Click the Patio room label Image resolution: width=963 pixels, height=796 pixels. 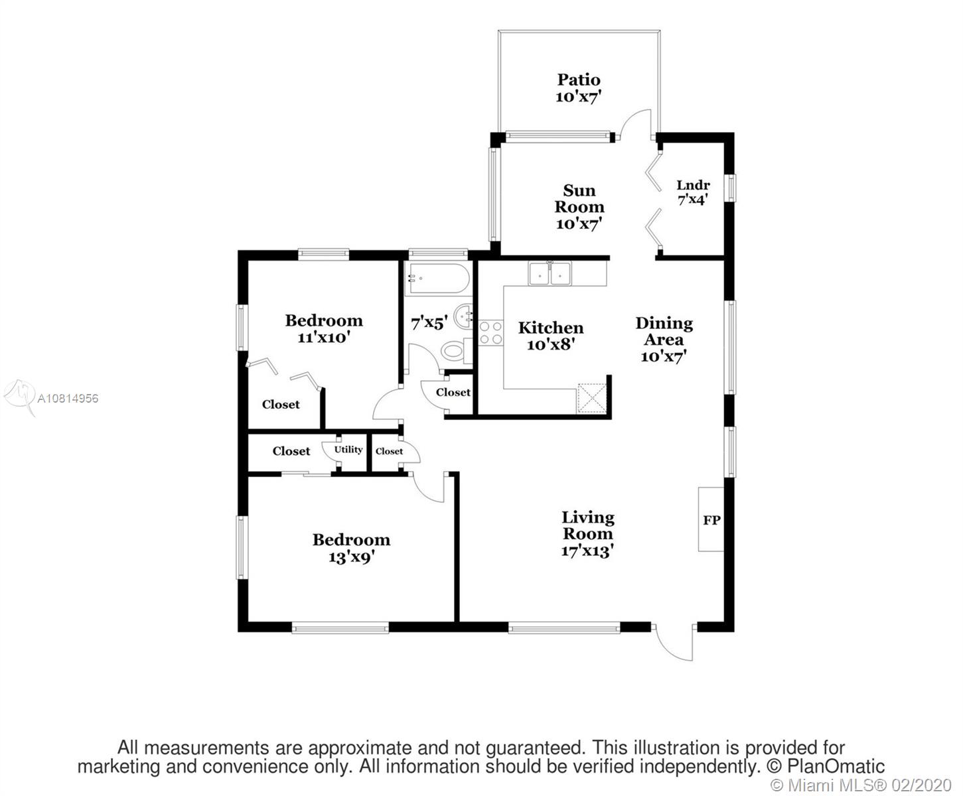tap(579, 80)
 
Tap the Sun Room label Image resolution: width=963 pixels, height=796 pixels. tap(579, 198)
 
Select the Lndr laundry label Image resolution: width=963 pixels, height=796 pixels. tap(693, 185)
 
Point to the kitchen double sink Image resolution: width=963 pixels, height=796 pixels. tap(550, 273)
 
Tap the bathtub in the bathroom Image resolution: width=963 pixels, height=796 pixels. tap(437, 279)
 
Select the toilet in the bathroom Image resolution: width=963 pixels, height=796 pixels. tap(457, 351)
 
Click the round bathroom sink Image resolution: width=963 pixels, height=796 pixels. tap(463, 316)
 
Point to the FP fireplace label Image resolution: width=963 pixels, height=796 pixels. tap(711, 520)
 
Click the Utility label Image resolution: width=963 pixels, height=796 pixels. tap(348, 449)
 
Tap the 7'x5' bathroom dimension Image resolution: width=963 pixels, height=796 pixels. tap(429, 323)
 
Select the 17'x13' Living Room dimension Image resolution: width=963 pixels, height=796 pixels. tap(587, 551)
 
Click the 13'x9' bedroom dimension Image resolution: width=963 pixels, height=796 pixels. tap(352, 557)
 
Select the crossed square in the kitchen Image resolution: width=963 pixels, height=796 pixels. tap(591, 398)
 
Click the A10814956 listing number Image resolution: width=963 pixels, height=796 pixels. tap(68, 398)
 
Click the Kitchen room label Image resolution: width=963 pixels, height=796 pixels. tap(551, 328)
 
